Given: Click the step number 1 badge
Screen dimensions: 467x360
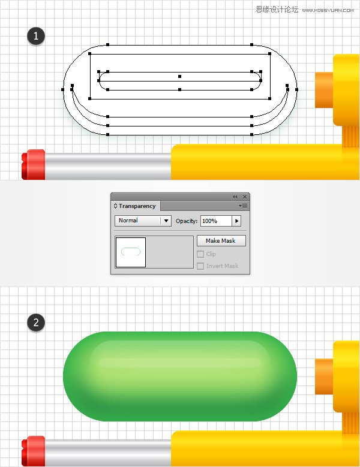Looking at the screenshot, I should [x=36, y=37].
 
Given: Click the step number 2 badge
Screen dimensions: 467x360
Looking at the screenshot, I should [x=36, y=323].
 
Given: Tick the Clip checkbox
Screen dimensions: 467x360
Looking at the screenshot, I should [x=200, y=254].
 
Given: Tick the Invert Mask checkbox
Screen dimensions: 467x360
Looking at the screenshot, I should [x=200, y=266].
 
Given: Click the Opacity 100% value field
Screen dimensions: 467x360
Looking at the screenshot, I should [x=216, y=221].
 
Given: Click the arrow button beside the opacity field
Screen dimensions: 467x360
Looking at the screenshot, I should [x=237, y=221].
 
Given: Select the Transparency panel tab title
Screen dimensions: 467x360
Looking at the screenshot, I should [x=137, y=206].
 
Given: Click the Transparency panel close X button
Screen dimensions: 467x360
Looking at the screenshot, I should [x=245, y=197].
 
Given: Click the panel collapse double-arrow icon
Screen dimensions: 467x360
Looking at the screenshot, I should [x=235, y=197].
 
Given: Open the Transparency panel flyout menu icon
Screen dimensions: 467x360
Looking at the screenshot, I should [x=243, y=206].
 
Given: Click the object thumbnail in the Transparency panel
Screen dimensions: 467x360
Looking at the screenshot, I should [x=131, y=252].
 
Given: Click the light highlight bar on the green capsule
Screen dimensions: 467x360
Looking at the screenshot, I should [x=180, y=363].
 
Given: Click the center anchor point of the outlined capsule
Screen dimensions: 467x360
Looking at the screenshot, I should [x=180, y=76].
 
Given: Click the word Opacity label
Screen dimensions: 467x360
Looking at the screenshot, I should [x=187, y=221].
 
